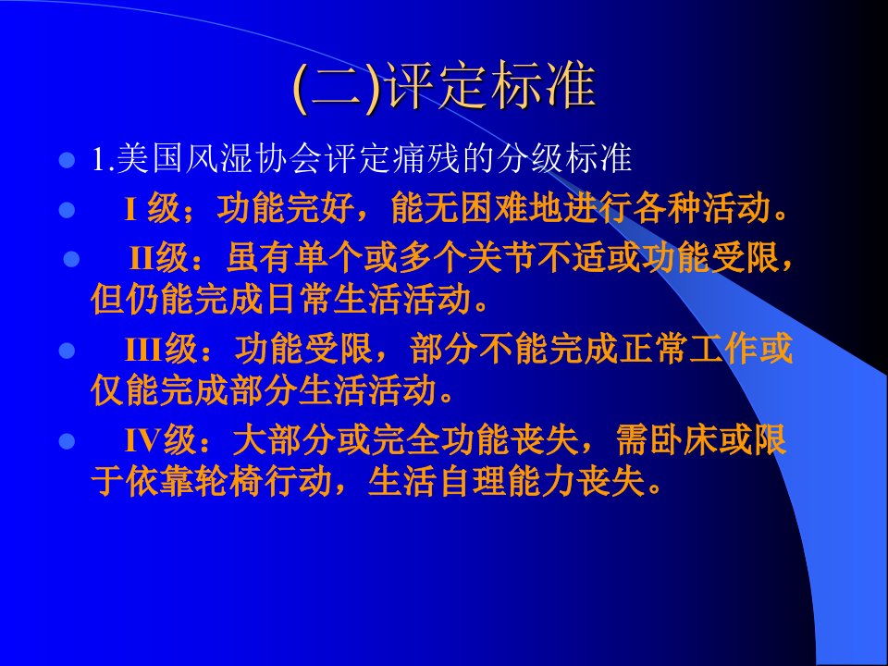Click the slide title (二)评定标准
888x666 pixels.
pyautogui.click(x=444, y=87)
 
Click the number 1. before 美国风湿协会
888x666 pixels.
pyautogui.click(x=104, y=159)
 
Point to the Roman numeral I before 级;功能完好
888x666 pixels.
pyautogui.click(x=130, y=209)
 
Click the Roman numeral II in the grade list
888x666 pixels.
pyautogui.click(x=142, y=258)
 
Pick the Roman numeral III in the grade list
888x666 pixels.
pyautogui.click(x=143, y=349)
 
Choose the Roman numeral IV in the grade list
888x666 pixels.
pyautogui.click(x=143, y=440)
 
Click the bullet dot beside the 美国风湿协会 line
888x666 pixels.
pyautogui.click(x=67, y=160)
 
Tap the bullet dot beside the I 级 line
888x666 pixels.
pyautogui.click(x=67, y=210)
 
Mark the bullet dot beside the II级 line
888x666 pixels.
pyautogui.click(x=71, y=259)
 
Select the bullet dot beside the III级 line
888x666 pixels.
pyautogui.click(x=67, y=350)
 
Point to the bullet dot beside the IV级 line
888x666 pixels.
pyautogui.click(x=67, y=441)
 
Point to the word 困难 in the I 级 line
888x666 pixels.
pyautogui.click(x=493, y=208)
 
